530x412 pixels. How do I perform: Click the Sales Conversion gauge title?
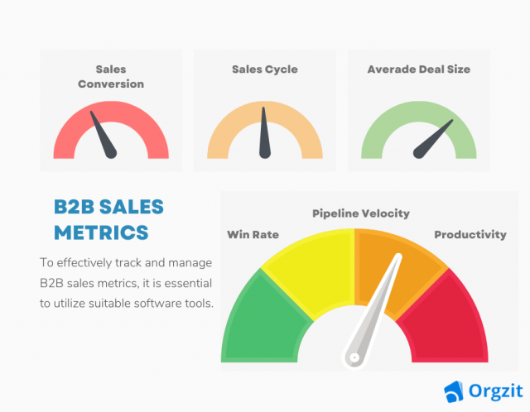click(110, 77)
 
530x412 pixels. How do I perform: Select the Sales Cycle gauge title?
click(264, 69)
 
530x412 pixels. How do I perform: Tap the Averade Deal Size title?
click(418, 69)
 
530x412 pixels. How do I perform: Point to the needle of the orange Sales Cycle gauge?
click(264, 132)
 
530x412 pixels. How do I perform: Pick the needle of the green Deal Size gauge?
click(434, 137)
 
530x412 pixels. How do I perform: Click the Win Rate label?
click(253, 234)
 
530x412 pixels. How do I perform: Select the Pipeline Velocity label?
click(360, 213)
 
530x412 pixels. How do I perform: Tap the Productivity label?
click(470, 234)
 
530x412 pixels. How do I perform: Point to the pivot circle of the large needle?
click(354, 357)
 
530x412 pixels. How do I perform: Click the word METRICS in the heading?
click(101, 230)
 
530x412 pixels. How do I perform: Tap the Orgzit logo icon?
click(453, 390)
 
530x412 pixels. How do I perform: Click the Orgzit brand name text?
click(488, 390)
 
